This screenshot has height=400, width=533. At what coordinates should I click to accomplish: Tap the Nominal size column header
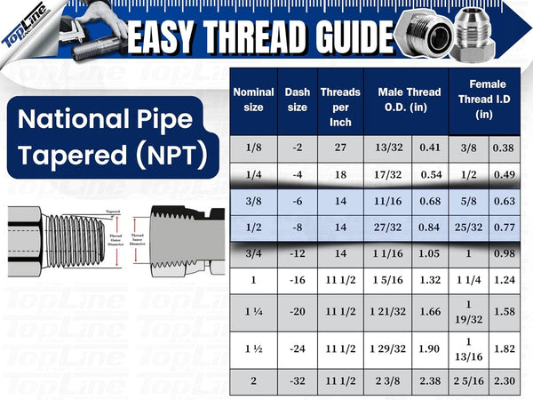(253, 100)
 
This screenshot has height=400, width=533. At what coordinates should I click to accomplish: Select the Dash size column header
(297, 100)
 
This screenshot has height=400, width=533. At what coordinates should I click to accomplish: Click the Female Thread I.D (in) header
(484, 100)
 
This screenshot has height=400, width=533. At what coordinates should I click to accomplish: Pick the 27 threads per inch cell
(339, 148)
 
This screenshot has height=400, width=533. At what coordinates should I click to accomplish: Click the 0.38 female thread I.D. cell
(505, 148)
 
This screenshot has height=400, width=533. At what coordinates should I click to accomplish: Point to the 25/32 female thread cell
(467, 228)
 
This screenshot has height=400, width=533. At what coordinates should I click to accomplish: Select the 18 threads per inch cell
(339, 175)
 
